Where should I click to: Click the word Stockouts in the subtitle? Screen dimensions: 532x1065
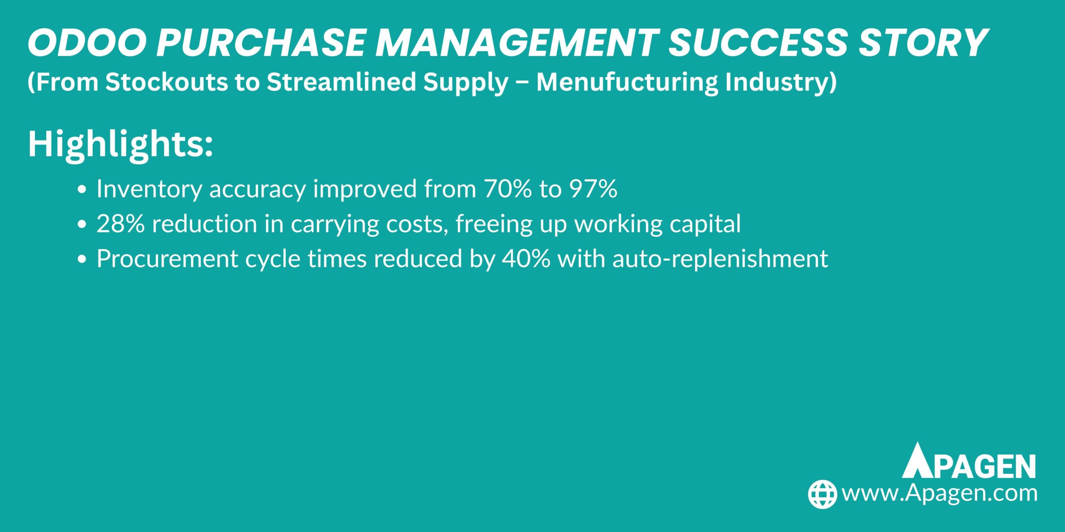(166, 82)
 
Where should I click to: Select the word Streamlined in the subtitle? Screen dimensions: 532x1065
(341, 82)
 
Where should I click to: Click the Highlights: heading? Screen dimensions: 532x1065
(120, 144)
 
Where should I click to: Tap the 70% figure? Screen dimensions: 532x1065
(508, 189)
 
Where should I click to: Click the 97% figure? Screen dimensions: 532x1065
(593, 189)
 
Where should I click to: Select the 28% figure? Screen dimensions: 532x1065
(121, 224)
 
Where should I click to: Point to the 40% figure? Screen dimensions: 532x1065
(526, 259)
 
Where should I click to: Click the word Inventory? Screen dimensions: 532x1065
(149, 189)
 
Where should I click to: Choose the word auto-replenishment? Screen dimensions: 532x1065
(720, 259)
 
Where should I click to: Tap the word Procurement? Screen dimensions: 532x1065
(167, 259)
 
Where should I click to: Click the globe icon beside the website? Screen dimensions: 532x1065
(822, 494)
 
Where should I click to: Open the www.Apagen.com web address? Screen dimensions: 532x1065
(939, 493)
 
